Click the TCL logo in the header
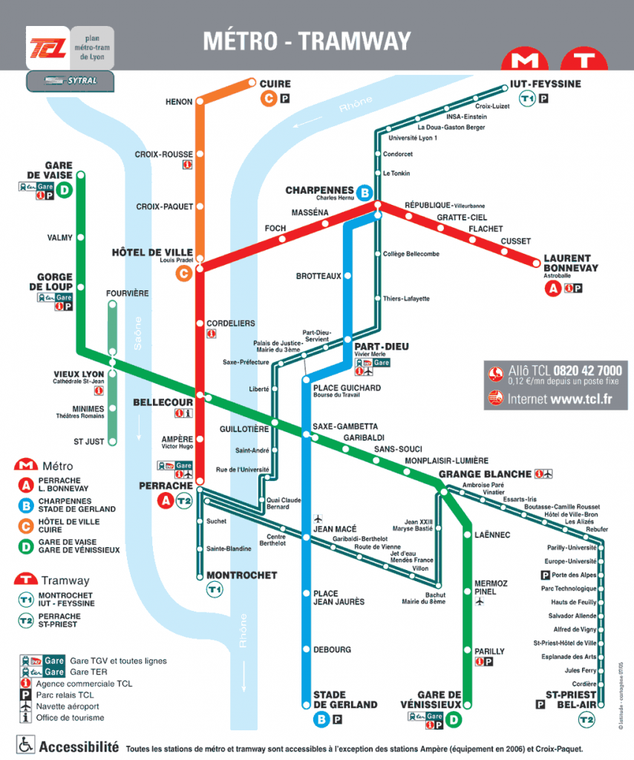(x=49, y=47)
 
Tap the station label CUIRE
(x=275, y=84)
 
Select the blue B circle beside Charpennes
(x=364, y=193)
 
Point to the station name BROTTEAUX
(x=318, y=276)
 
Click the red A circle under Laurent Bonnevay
(x=552, y=289)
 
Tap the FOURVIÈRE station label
(x=127, y=293)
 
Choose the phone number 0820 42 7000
(x=586, y=370)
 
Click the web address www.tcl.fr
(x=581, y=399)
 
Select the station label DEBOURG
(x=332, y=650)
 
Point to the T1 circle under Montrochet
(x=215, y=589)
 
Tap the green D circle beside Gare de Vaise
(x=65, y=190)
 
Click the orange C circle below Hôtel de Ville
(x=183, y=274)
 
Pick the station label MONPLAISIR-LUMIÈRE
(x=446, y=460)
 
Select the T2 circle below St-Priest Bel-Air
(x=586, y=719)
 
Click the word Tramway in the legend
(x=65, y=580)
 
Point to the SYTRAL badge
(x=71, y=80)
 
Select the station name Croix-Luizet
(x=492, y=106)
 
